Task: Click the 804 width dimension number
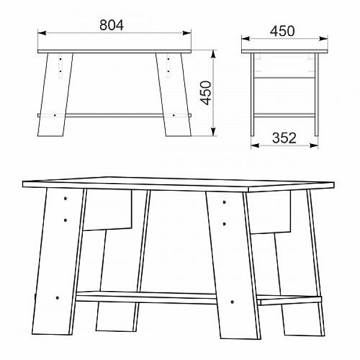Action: (112, 25)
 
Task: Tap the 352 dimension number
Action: (284, 138)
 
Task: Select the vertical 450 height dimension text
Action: (206, 93)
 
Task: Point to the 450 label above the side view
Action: (282, 31)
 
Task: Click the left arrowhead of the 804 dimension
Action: (42, 33)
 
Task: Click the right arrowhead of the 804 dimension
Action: (187, 33)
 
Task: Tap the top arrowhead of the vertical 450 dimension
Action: (214, 54)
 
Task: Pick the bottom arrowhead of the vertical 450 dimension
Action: (214, 132)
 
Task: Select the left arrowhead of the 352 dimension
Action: (255, 145)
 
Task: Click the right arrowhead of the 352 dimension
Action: (314, 145)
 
